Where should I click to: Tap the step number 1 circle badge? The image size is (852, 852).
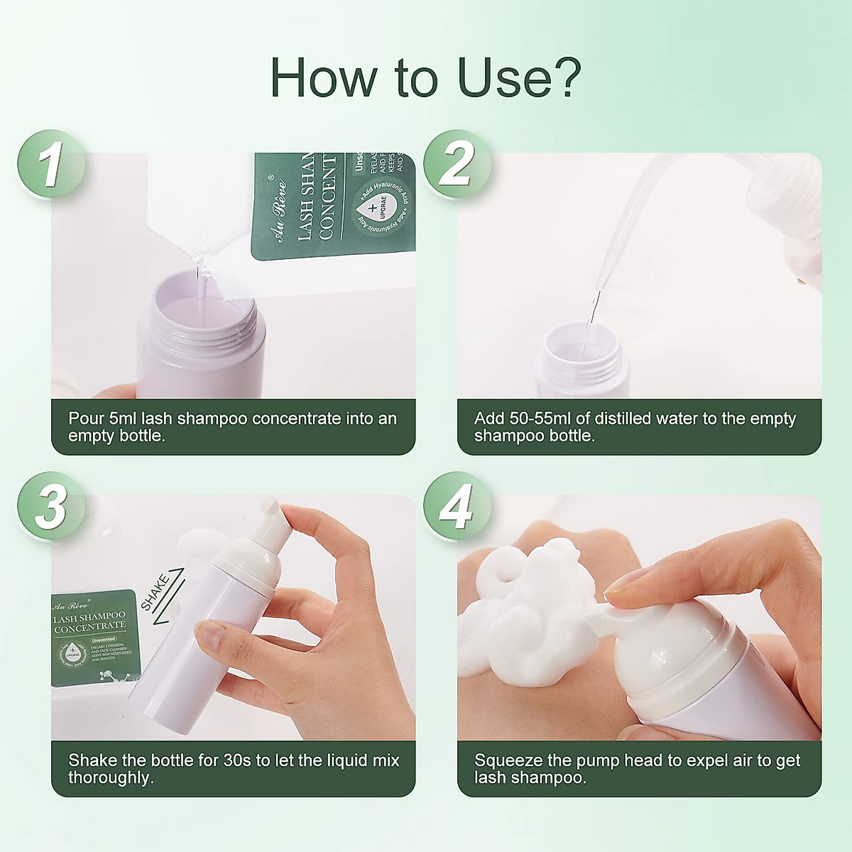click(x=50, y=165)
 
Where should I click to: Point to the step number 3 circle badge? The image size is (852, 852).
click(x=50, y=507)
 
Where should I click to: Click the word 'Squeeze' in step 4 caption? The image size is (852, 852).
click(x=504, y=760)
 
